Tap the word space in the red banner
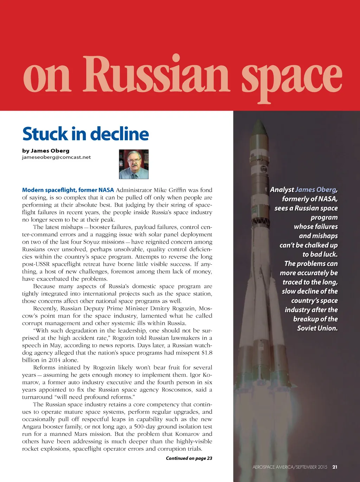pyautogui.click(x=292, y=77)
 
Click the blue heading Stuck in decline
pyautogui.click(x=85, y=134)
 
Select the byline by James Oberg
pyautogui.click(x=46, y=151)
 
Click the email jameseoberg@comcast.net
pyautogui.click(x=56, y=157)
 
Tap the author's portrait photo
pyautogui.click(x=134, y=164)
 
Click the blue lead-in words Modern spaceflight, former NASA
pyautogui.click(x=68, y=190)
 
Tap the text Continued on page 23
pyautogui.click(x=189, y=458)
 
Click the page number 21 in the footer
pyautogui.click(x=335, y=467)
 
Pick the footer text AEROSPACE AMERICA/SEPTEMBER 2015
pyautogui.click(x=290, y=467)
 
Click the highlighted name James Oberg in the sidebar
pyautogui.click(x=316, y=189)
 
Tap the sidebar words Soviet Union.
pyautogui.click(x=317, y=328)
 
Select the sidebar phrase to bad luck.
pyautogui.click(x=320, y=254)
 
